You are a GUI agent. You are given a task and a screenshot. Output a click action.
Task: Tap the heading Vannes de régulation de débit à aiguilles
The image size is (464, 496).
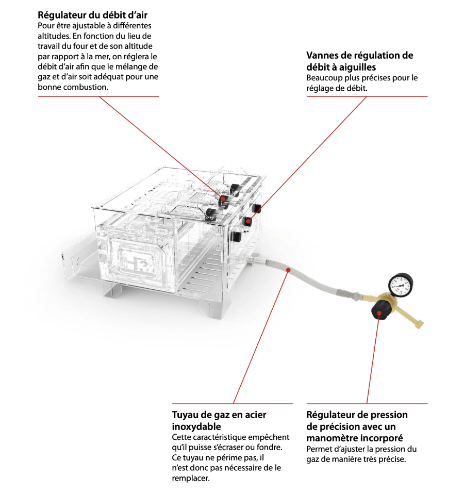(359, 61)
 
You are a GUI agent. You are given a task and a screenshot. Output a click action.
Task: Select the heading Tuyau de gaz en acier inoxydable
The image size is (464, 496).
(219, 420)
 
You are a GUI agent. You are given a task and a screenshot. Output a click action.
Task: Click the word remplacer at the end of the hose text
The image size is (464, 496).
(190, 478)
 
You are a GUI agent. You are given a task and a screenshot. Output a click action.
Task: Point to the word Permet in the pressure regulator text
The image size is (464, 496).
(319, 449)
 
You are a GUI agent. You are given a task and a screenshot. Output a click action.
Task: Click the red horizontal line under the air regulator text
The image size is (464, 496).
(98, 96)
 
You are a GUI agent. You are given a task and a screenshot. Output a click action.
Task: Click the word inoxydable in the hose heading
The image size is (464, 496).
(196, 426)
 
